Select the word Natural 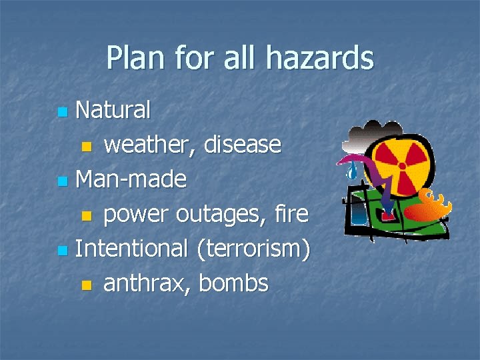coord(113,109)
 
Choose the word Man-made coord(131,179)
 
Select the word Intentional coord(132,249)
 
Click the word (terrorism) coord(254,249)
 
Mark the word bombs coord(233,283)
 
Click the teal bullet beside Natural coord(62,111)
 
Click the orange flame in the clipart coord(427,207)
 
